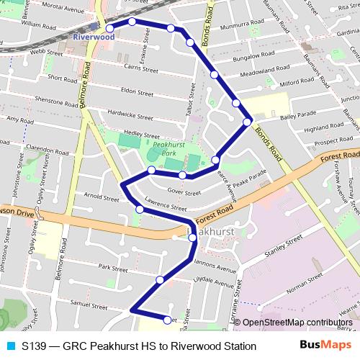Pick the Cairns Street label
point(140,69)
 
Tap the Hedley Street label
point(141,134)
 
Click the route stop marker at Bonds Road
point(247,122)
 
